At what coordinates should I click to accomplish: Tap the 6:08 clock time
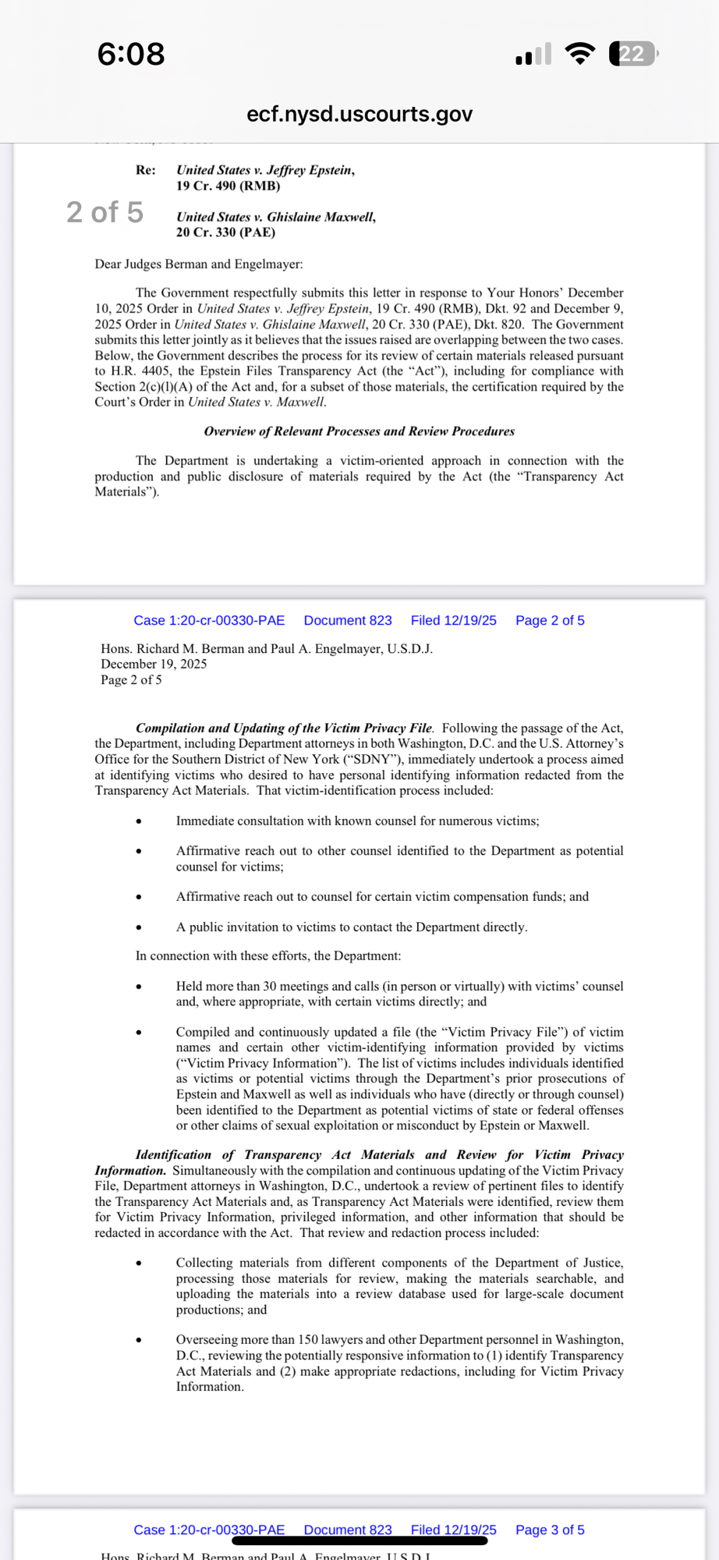[131, 54]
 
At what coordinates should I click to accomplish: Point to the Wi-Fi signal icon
[579, 54]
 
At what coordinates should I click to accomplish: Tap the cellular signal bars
[533, 55]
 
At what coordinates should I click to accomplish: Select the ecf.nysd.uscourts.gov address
[359, 114]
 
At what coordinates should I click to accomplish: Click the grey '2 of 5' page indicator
[104, 212]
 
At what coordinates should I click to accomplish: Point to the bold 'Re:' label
[145, 170]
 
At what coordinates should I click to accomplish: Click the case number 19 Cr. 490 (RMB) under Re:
[228, 186]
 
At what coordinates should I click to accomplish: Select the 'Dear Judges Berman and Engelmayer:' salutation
[199, 264]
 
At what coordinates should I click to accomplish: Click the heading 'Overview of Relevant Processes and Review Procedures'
[359, 431]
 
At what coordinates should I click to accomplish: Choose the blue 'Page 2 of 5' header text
[550, 620]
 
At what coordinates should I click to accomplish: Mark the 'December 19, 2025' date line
[154, 664]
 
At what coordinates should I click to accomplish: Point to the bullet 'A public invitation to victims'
[352, 927]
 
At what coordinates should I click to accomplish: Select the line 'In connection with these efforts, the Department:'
[268, 955]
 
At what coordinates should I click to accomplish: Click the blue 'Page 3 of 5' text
[550, 1530]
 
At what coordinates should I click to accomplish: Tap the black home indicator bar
[359, 1540]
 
